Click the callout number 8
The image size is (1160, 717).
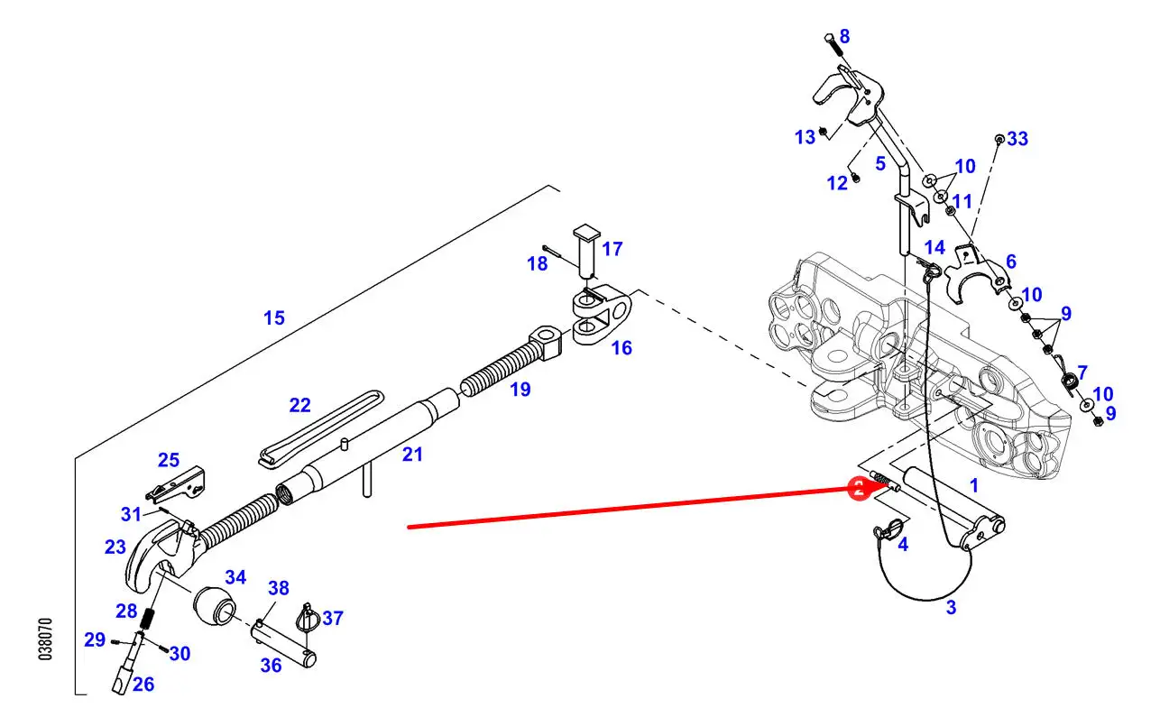coord(844,36)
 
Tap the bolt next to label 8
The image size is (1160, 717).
coord(833,46)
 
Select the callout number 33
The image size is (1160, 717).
coord(1017,139)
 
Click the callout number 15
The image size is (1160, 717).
coord(274,317)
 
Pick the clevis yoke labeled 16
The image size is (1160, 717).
coord(603,316)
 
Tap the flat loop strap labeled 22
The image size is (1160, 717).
coord(321,429)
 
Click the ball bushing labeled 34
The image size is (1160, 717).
coord(215,605)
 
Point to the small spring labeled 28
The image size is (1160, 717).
coord(148,618)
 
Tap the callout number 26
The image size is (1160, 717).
coord(143,685)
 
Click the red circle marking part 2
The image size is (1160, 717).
coord(859,489)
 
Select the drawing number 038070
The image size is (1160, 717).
coord(46,639)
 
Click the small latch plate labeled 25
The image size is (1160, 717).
coord(176,485)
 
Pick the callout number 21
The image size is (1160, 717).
coord(412,455)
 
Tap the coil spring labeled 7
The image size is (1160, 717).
coord(1069,381)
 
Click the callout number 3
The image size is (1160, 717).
coord(952,607)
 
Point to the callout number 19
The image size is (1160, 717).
coord(520,390)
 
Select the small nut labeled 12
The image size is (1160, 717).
coord(856,178)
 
